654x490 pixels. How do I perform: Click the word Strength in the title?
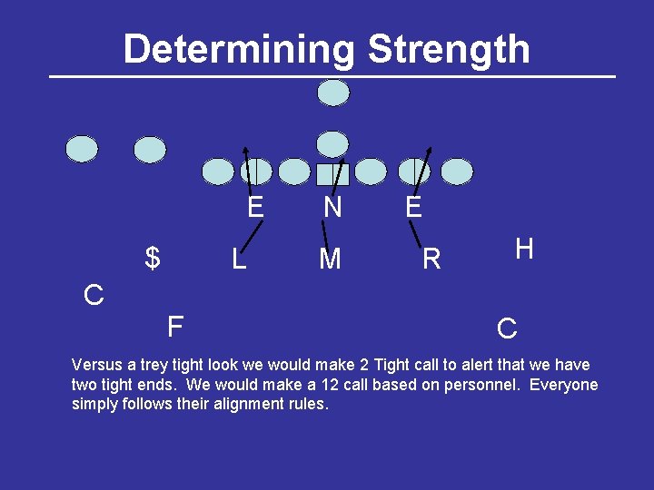[x=448, y=48]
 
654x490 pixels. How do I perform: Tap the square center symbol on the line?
[x=332, y=173]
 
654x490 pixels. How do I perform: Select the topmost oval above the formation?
[x=333, y=93]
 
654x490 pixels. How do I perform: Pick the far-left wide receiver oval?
[x=82, y=149]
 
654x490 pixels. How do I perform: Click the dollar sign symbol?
[x=153, y=259]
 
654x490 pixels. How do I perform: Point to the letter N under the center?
[x=332, y=209]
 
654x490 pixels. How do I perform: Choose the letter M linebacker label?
[x=330, y=260]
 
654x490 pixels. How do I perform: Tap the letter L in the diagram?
[x=238, y=260]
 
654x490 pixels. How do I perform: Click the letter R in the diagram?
[x=431, y=260]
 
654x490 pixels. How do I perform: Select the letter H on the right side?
[x=523, y=249]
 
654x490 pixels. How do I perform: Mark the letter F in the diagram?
[x=175, y=325]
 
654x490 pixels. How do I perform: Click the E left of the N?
[x=255, y=208]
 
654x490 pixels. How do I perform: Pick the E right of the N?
[x=413, y=208]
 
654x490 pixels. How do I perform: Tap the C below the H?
[x=507, y=328]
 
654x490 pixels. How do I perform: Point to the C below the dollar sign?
[x=93, y=295]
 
